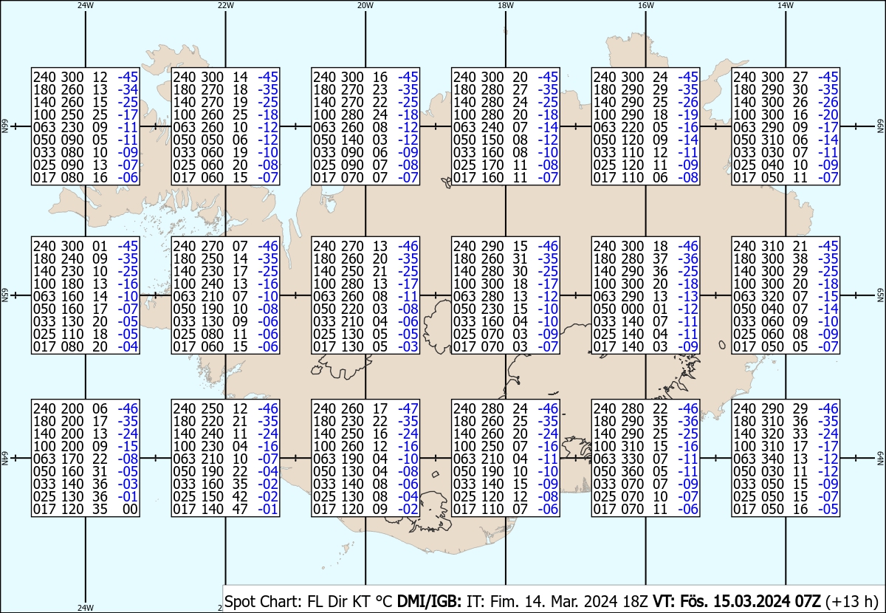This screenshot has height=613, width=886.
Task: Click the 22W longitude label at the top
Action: pyautogui.click(x=225, y=5)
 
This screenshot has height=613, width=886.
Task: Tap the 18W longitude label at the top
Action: pyautogui.click(x=506, y=5)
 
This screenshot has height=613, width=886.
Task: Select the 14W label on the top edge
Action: pyautogui.click(x=786, y=5)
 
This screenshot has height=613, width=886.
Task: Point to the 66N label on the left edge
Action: pyautogui.click(x=4, y=126)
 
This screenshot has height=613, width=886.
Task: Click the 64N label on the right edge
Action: pyautogui.click(x=880, y=458)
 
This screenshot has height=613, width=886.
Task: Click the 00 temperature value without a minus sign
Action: pyautogui.click(x=130, y=509)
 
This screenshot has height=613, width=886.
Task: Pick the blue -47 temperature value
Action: pyautogui.click(x=408, y=408)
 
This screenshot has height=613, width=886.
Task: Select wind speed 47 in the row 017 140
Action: pyautogui.click(x=240, y=509)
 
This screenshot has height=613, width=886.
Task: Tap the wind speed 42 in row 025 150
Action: pyautogui.click(x=240, y=496)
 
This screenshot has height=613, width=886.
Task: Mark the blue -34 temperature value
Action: pyautogui.click(x=128, y=89)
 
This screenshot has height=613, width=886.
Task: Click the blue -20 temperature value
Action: pyautogui.click(x=828, y=114)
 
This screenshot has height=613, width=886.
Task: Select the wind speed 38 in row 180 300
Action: pyautogui.click(x=800, y=258)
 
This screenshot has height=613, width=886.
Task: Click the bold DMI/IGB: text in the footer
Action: pyautogui.click(x=429, y=601)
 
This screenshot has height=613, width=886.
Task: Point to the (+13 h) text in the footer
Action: pyautogui.click(x=851, y=601)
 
